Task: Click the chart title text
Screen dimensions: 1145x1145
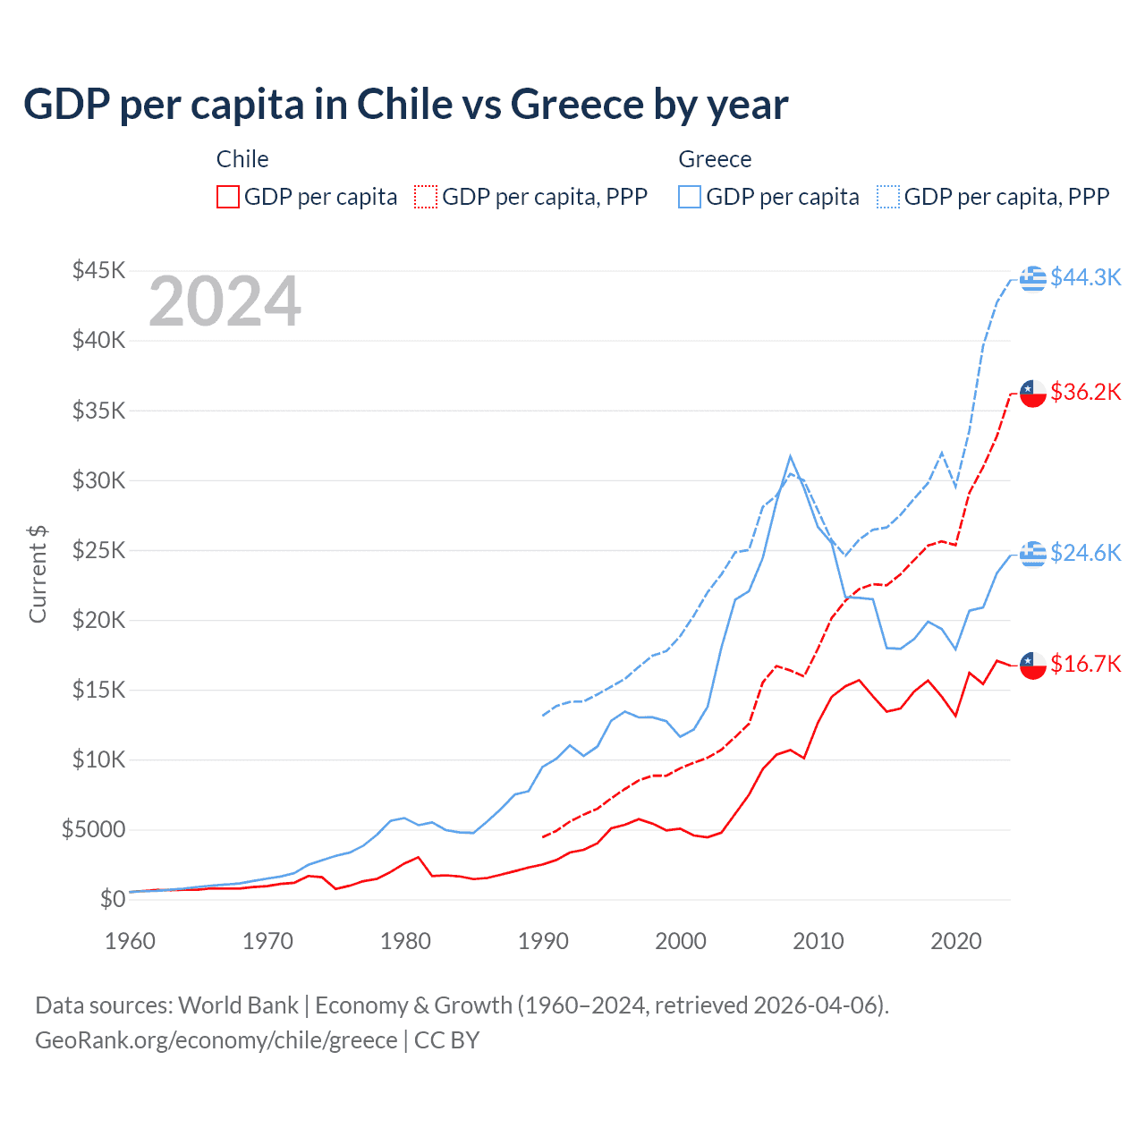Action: [406, 105]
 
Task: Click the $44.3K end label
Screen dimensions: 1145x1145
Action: [1085, 277]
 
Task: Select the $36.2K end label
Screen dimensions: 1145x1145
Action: [1085, 392]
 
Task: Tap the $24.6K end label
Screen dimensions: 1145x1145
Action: [1085, 553]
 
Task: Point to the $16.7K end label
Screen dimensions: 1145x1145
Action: [1085, 664]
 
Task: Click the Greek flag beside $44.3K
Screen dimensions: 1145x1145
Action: [1033, 278]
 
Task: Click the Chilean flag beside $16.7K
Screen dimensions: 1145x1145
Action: [1033, 665]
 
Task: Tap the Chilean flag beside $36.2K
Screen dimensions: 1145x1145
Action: [1033, 393]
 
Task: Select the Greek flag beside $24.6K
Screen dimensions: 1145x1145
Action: [1033, 554]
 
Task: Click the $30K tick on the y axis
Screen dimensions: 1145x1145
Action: [99, 480]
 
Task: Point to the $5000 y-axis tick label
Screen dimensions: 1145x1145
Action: [93, 829]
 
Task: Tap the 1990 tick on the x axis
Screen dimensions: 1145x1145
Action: [543, 941]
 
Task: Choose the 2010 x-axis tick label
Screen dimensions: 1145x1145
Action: [818, 941]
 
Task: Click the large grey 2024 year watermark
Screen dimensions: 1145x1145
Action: [225, 301]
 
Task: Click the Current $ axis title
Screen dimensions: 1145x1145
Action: [38, 573]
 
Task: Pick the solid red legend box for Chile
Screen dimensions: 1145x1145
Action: [228, 197]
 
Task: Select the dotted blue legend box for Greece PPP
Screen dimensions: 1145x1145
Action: [888, 197]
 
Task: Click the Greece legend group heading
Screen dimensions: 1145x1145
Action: [715, 159]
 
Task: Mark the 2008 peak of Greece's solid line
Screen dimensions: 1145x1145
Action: [790, 456]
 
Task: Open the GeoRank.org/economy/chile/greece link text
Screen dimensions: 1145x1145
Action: [216, 1040]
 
